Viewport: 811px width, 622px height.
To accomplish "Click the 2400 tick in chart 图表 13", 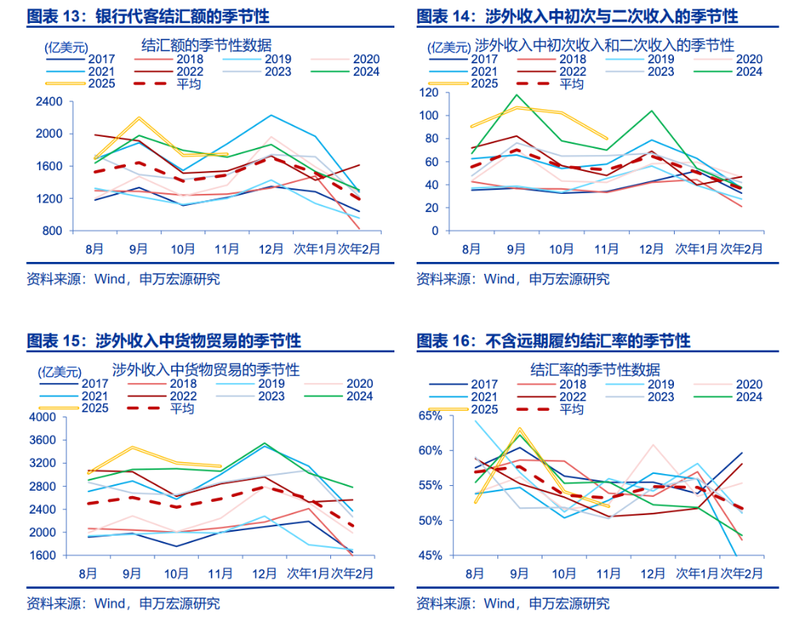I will (49, 101).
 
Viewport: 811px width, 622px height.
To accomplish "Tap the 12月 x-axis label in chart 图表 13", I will (271, 248).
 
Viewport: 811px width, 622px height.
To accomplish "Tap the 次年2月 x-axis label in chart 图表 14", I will (741, 248).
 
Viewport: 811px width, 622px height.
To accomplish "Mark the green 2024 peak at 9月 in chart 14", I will (516, 94).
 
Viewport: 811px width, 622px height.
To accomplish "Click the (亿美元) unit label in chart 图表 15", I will (59, 370).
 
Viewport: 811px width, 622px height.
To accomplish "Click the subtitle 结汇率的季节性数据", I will (595, 369).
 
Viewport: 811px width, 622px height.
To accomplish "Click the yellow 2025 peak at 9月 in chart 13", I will (139, 118).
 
